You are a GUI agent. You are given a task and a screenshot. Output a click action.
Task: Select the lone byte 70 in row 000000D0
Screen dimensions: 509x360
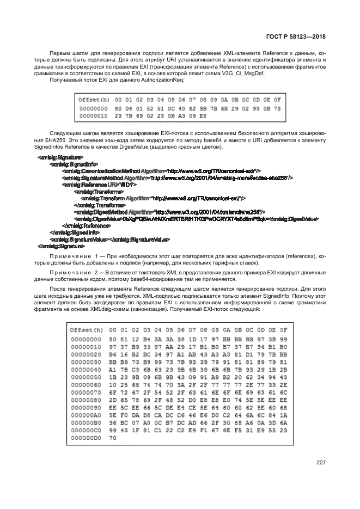pyautogui.click(x=113, y=437)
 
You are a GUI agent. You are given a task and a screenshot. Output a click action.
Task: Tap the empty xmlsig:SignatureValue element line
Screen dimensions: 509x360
pyautogui.click(x=109, y=239)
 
